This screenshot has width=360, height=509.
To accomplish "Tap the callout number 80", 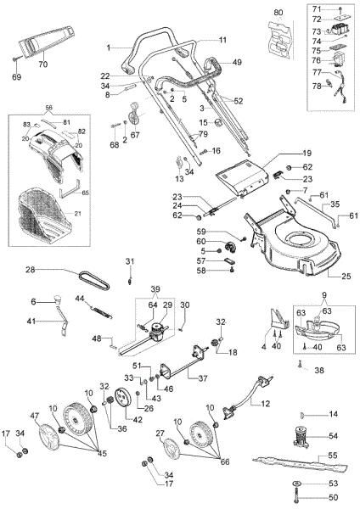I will pyautogui.click(x=277, y=13).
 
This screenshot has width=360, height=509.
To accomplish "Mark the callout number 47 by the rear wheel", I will pyautogui.click(x=36, y=417).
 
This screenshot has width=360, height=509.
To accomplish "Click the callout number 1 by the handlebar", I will pyautogui.click(x=109, y=45).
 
